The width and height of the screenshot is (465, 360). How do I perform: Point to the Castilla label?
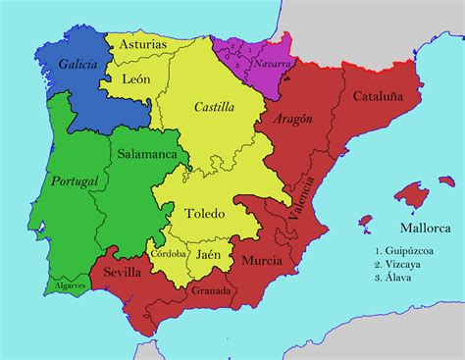tap(214, 106)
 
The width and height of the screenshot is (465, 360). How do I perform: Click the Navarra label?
tap(272, 64)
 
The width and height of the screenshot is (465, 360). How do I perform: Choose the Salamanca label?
tap(147, 154)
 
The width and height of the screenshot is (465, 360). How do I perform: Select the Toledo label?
tap(204, 213)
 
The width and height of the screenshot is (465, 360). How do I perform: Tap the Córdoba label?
tap(170, 252)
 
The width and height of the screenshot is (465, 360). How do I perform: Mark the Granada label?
tap(212, 290)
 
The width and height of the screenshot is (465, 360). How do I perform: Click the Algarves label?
tap(69, 285)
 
